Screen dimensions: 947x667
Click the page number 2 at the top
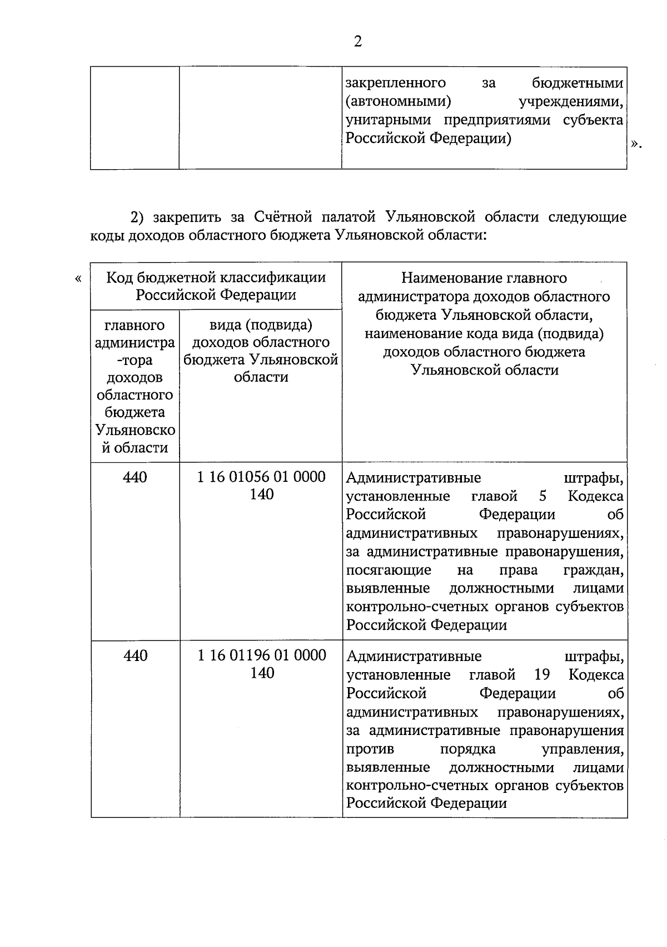357,41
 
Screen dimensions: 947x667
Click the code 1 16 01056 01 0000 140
261,485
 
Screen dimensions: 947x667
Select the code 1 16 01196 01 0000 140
262,664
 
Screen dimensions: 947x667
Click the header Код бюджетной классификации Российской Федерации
216,286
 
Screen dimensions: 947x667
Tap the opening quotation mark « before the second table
78,278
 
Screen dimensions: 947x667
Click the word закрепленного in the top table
395,83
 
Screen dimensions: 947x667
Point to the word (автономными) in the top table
397,102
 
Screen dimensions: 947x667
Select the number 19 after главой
541,675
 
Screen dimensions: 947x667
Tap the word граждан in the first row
593,570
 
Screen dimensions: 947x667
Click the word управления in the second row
583,749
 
